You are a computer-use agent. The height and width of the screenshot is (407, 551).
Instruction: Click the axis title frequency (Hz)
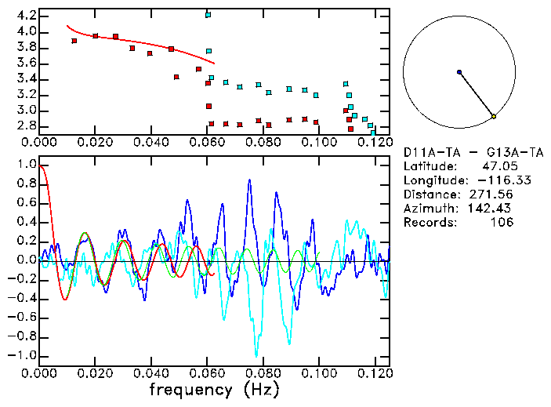tap(213, 389)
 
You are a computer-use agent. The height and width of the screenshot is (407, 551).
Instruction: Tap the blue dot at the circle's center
tap(459, 72)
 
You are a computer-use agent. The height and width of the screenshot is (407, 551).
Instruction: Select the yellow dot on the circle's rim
tap(494, 116)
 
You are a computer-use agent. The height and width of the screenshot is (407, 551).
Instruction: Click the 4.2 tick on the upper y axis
tap(25, 16)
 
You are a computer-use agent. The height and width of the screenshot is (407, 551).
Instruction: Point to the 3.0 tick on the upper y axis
tap(25, 110)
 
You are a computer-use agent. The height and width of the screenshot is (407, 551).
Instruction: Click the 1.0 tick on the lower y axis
tap(25, 165)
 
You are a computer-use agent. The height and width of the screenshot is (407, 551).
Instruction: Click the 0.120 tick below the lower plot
tap(375, 372)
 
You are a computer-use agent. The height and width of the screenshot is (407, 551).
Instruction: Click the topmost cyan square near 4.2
tap(208, 15)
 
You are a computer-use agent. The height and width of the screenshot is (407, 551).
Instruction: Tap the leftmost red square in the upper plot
tap(74, 41)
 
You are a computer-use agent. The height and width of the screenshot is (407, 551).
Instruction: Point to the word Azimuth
tap(428, 208)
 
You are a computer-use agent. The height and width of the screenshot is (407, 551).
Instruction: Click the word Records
tap(428, 222)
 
